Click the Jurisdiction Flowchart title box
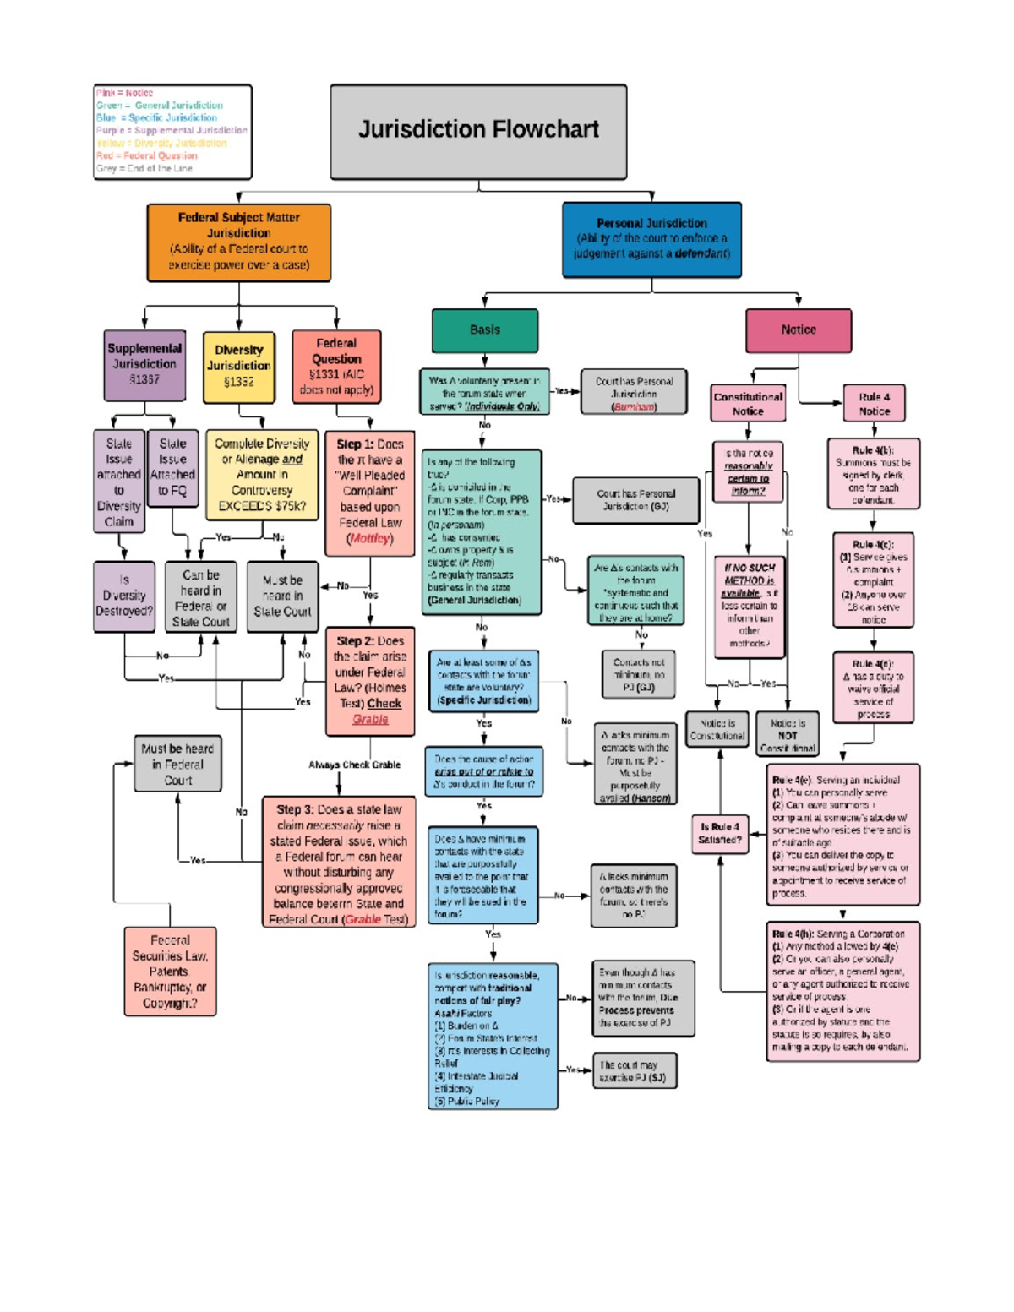tap(478, 131)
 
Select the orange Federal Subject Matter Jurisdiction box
tap(238, 242)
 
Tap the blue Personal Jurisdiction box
tap(651, 239)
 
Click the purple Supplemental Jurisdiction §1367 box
tap(144, 365)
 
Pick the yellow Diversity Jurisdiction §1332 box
tap(239, 367)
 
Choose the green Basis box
tap(485, 329)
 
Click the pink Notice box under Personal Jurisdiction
tap(798, 329)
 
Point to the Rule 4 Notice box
tap(874, 404)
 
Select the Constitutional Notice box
tap(748, 404)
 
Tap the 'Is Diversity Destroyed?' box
tap(124, 596)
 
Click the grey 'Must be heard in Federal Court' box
tap(177, 764)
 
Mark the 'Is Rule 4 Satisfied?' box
tap(720, 833)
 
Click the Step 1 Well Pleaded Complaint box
tap(369, 491)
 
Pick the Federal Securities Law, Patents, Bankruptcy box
tap(170, 971)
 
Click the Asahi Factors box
tap(493, 1036)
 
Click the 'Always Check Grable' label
tap(354, 765)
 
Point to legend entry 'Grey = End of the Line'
tap(144, 168)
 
